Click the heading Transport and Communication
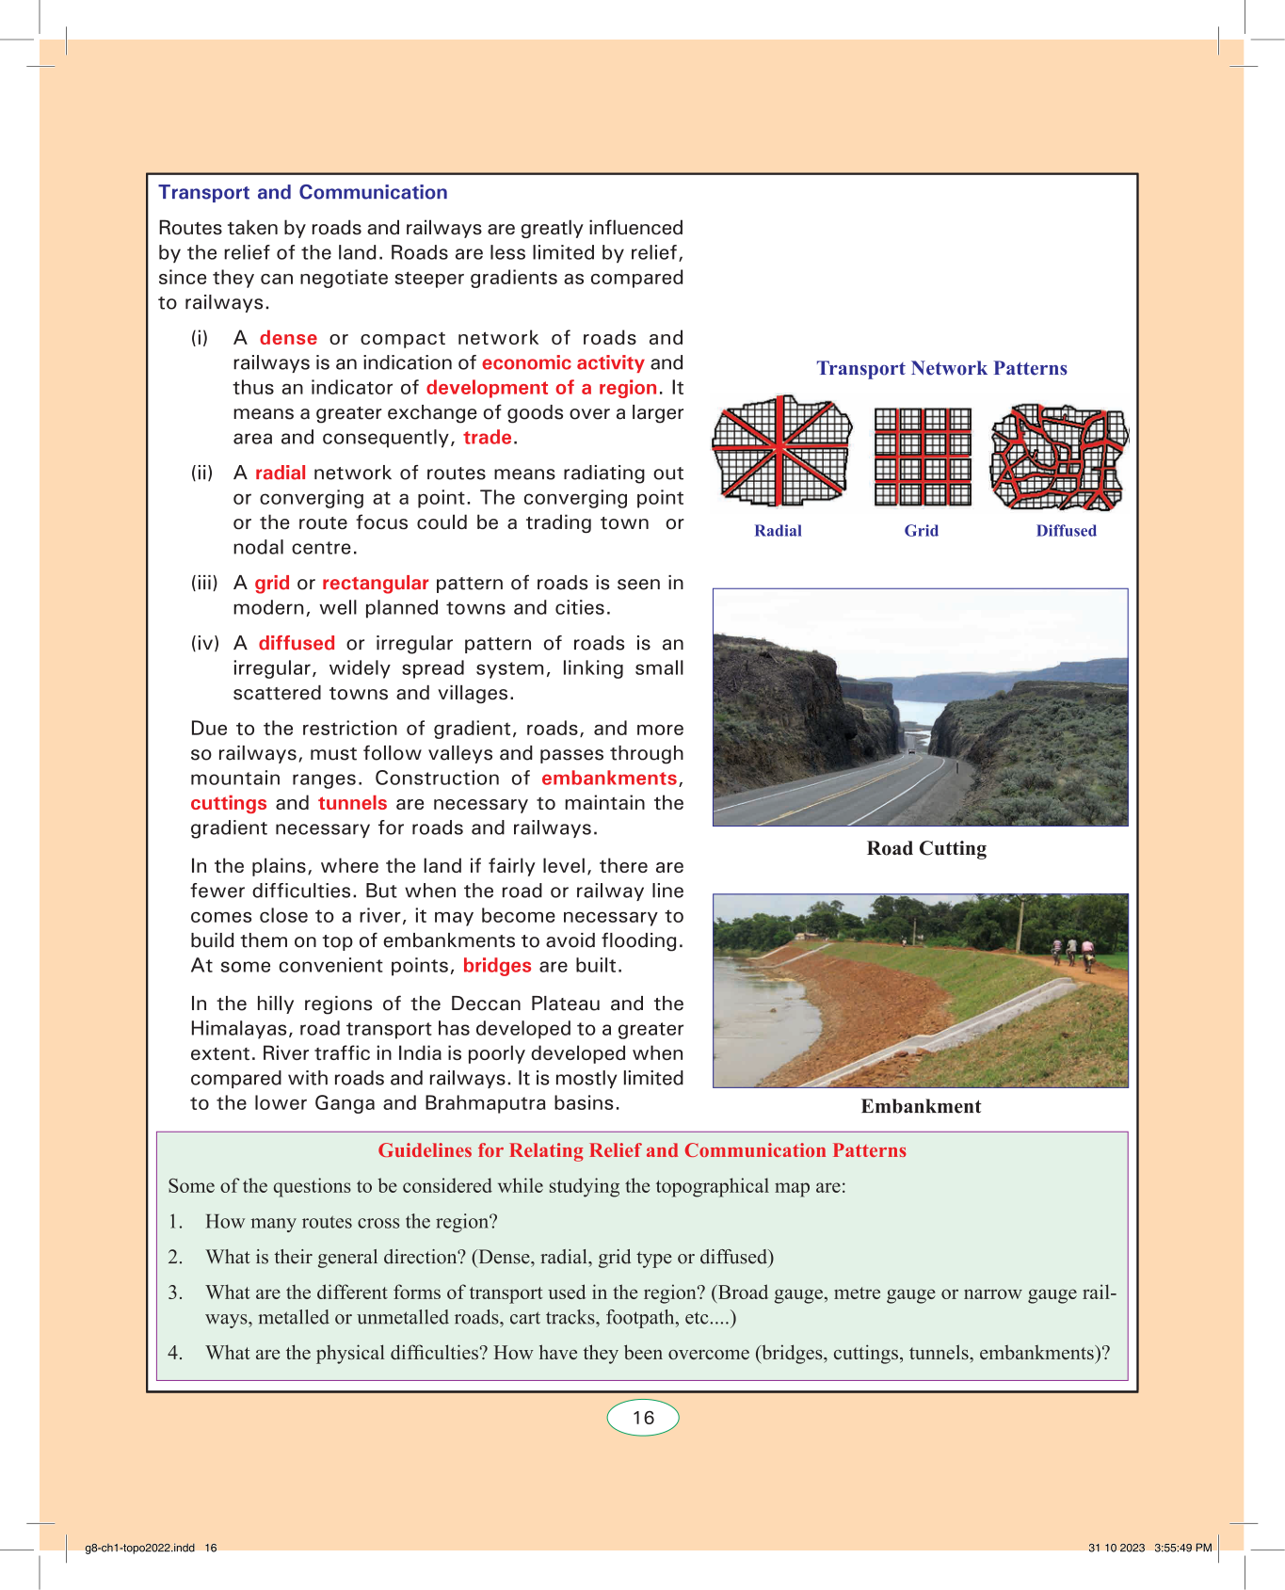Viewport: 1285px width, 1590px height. coord(302,192)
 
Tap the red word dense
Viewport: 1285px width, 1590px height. coord(288,338)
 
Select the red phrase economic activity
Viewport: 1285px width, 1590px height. coord(563,362)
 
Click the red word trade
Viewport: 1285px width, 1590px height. coord(488,438)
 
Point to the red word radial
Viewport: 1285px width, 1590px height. coord(280,473)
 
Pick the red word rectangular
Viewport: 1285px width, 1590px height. coord(375,583)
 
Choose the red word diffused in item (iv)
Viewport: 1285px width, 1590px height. coord(297,643)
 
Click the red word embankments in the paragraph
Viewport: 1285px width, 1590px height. coord(609,779)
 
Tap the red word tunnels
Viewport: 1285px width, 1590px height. coord(352,803)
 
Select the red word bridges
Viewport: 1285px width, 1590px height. coord(497,966)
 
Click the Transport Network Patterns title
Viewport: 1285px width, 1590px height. coord(941,368)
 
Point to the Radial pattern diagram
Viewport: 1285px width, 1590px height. coord(780,452)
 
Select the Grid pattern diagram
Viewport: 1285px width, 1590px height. coord(923,457)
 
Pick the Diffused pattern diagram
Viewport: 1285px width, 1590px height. coord(1058,457)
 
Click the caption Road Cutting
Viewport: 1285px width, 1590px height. coord(926,848)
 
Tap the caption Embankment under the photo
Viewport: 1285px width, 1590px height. coord(921,1106)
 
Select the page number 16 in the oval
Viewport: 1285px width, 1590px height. coord(643,1418)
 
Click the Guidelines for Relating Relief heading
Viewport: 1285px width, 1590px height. coord(642,1150)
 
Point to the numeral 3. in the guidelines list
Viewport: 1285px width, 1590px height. coord(175,1293)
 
